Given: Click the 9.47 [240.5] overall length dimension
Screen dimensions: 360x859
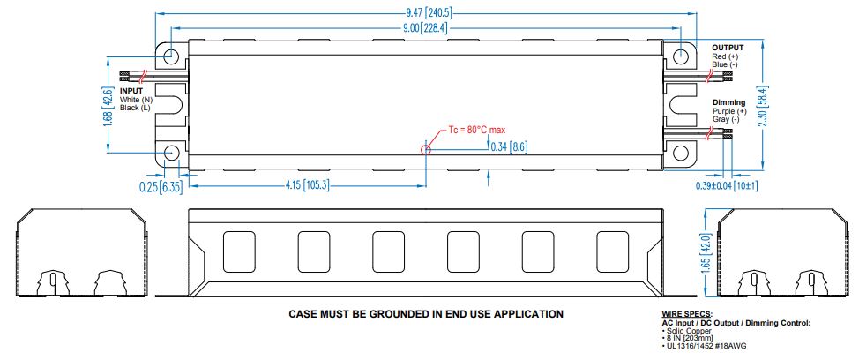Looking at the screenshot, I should coord(427,13).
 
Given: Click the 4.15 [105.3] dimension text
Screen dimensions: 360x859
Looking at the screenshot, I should coord(307,185).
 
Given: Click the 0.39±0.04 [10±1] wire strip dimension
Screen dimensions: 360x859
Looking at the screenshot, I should coord(726,186).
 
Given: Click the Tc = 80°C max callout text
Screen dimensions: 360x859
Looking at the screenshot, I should coord(476,130).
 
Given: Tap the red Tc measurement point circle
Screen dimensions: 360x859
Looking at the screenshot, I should coord(427,149).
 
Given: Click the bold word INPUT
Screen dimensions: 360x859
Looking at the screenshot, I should coord(131,91).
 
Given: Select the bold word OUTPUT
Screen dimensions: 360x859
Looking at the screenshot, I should coord(728,48).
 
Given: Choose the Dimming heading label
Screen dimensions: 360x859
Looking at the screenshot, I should coord(728,103).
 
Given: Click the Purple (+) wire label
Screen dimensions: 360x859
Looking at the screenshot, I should coord(729,111).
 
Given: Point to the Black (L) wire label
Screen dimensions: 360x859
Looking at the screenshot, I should coord(135,108).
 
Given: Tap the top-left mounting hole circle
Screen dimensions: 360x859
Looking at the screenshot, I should coord(172,56).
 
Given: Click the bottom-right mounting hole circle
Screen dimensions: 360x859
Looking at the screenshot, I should coord(681,154).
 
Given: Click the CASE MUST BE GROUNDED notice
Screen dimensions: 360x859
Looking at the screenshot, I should coord(426,314).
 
